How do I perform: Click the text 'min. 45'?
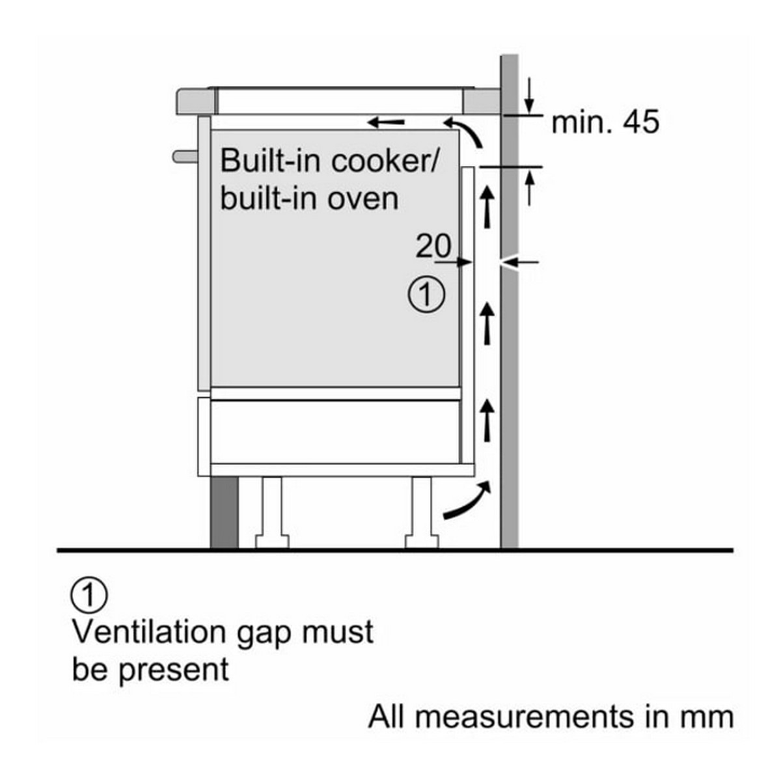(605, 122)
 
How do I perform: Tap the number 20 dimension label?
(433, 246)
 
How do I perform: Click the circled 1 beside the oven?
(426, 295)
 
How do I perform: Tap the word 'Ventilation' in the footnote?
(150, 632)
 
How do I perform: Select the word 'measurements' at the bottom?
(526, 717)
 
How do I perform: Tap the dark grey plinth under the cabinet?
(224, 514)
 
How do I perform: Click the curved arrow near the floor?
(466, 502)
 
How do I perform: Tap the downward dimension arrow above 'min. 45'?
(529, 95)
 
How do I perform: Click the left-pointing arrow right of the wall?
(523, 262)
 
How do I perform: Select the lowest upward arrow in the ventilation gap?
(487, 420)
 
